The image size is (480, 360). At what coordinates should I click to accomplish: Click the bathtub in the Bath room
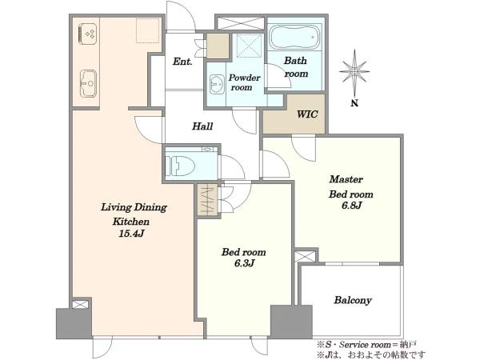click(294, 37)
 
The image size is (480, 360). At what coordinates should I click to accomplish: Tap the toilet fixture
click(180, 166)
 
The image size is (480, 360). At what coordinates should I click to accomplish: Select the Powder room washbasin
click(217, 84)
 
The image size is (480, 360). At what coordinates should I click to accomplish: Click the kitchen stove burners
click(88, 34)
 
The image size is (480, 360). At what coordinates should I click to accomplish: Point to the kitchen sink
click(88, 83)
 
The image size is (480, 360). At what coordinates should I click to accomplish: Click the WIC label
click(307, 114)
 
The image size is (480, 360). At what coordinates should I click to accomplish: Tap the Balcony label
click(353, 300)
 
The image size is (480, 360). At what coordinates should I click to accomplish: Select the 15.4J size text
click(131, 234)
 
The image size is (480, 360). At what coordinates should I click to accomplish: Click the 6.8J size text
click(352, 206)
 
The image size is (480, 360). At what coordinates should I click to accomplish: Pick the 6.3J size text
click(244, 263)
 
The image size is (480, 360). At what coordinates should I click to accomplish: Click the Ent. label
click(182, 62)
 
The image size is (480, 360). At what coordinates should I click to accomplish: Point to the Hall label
click(202, 126)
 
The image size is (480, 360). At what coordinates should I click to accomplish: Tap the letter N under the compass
click(354, 103)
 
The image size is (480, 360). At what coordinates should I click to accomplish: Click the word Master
click(346, 179)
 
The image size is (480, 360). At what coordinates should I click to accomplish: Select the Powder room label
click(244, 82)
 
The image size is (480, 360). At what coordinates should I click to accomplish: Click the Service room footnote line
click(366, 345)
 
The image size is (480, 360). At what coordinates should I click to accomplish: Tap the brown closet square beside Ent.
click(218, 46)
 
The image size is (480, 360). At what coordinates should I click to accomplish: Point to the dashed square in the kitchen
click(147, 30)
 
